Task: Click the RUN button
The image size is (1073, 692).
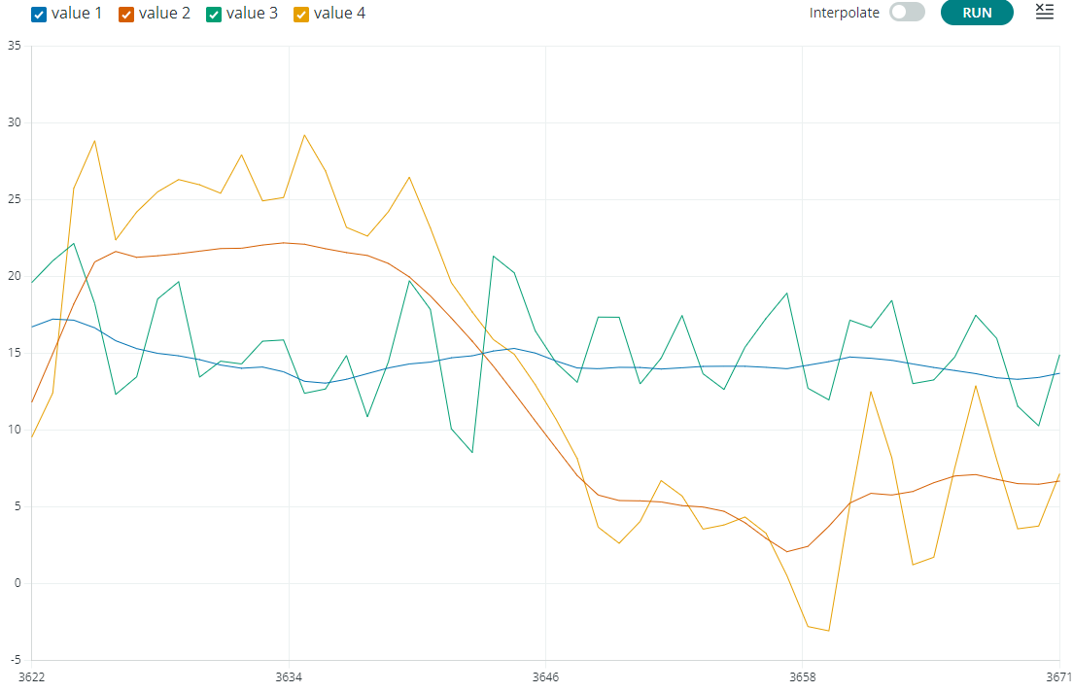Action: [977, 13]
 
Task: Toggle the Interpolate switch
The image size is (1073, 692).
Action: [907, 13]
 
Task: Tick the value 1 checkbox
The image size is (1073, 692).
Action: [39, 14]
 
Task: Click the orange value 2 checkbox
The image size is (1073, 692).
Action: [126, 14]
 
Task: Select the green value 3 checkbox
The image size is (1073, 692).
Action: [214, 14]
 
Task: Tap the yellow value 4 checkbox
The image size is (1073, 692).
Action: [301, 14]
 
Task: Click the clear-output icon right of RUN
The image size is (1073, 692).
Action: [1044, 12]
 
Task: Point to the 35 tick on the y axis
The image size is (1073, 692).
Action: [14, 46]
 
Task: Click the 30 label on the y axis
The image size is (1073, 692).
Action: [14, 122]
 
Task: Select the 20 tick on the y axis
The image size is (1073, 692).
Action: [14, 276]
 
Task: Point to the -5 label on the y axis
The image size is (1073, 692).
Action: [15, 660]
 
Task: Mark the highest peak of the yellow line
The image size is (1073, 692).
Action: [304, 135]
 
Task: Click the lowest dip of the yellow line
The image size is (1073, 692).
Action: [828, 631]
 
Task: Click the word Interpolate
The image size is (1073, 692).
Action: [844, 13]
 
